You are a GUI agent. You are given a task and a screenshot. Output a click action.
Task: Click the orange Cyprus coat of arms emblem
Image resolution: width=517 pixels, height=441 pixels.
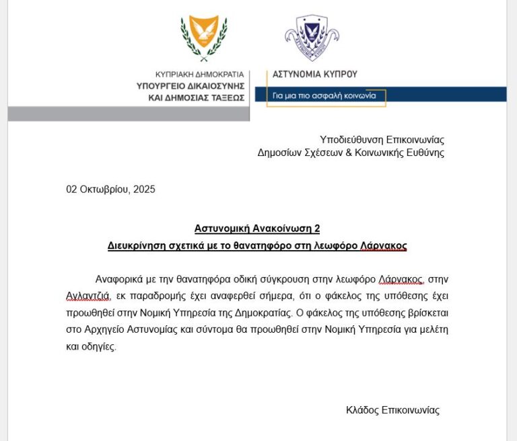tap(203, 36)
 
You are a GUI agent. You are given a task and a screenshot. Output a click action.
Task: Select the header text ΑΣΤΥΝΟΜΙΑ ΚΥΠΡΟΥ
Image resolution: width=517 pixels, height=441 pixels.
tap(314, 74)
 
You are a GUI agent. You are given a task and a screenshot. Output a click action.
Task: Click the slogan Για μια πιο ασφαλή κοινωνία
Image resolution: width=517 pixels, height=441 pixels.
tap(329, 96)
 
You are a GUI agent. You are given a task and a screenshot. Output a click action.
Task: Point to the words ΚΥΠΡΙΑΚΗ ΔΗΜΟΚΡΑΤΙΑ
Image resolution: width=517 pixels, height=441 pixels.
tap(199, 75)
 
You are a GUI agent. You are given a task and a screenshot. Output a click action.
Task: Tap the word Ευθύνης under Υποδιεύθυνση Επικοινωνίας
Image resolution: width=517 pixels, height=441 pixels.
tap(426, 153)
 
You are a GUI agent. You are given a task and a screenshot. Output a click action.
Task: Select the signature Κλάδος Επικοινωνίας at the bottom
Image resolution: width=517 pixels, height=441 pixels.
tap(392, 409)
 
